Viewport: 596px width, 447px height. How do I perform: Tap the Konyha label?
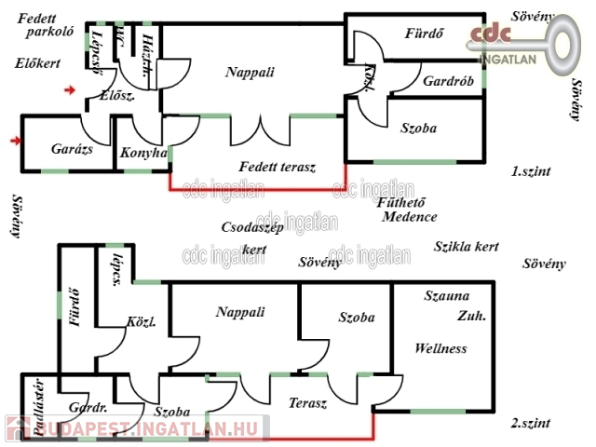[143, 153]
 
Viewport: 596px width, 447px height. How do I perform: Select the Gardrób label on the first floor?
[448, 82]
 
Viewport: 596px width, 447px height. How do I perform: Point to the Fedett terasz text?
[278, 168]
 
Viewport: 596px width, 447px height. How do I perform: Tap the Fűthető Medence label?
[408, 210]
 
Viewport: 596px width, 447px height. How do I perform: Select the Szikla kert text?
[467, 247]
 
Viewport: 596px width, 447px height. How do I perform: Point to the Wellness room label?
[440, 349]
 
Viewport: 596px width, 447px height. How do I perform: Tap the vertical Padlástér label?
[38, 407]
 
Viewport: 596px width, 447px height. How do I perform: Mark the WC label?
[120, 40]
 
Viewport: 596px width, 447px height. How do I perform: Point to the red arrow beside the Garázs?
[13, 141]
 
